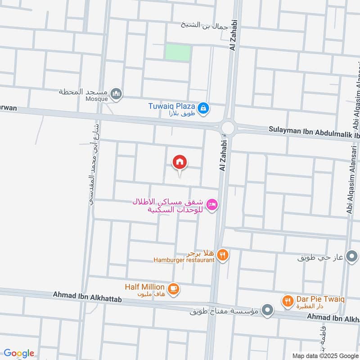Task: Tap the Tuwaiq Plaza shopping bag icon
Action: click(203, 108)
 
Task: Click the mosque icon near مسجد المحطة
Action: click(117, 94)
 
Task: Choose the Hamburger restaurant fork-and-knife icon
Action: click(222, 256)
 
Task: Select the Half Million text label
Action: click(144, 287)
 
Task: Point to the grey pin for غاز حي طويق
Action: click(351, 258)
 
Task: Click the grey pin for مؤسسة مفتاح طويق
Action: click(268, 310)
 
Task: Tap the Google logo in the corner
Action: click(19, 354)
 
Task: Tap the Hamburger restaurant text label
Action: click(184, 261)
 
